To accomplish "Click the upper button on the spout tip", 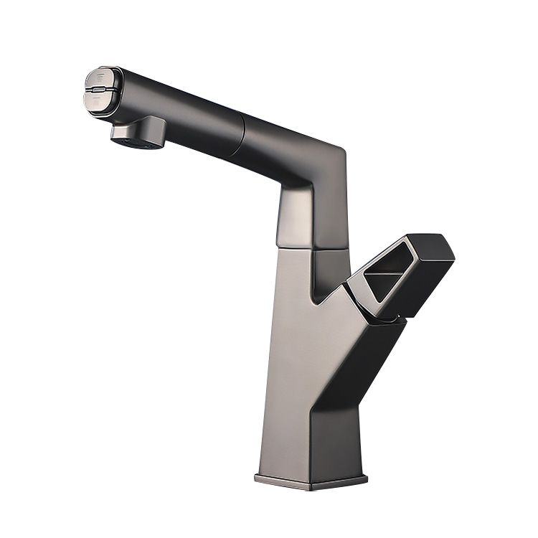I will click(98, 77).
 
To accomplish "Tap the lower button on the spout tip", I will click(99, 98).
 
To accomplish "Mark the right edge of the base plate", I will click(367, 476).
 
